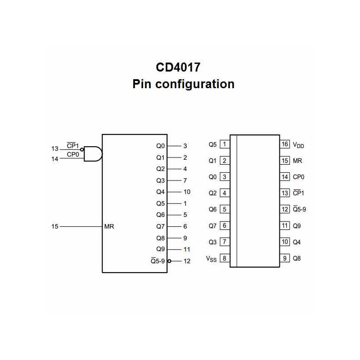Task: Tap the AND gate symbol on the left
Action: point(93,154)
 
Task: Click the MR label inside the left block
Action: point(109,226)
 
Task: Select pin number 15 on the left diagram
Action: point(55,226)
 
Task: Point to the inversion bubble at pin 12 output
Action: point(169,261)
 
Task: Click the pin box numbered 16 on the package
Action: point(284,144)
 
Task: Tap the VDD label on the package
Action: point(298,145)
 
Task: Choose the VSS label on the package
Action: point(211,259)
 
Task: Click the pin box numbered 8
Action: point(224,258)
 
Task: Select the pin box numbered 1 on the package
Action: point(224,144)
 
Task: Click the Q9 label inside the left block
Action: point(161,249)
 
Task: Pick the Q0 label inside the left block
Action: point(161,146)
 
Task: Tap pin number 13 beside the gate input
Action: point(55,148)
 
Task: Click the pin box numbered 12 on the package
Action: point(284,209)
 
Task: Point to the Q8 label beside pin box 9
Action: point(297,258)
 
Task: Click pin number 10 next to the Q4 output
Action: point(187,192)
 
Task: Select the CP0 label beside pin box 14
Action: point(298,177)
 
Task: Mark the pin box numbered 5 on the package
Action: point(224,209)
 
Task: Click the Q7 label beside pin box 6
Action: point(212,225)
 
